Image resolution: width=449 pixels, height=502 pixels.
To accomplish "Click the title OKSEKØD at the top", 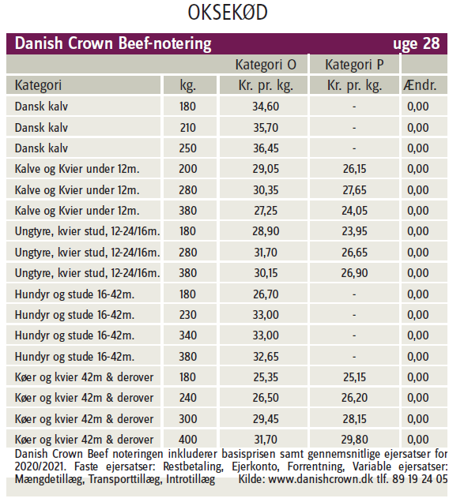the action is click(228, 13).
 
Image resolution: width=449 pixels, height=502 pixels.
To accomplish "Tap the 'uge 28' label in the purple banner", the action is click(417, 44).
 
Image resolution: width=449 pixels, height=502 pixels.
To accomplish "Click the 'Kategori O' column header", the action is click(266, 65).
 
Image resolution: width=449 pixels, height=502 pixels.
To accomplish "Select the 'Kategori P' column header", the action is click(354, 65).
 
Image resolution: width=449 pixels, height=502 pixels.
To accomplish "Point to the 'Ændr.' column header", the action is click(420, 85).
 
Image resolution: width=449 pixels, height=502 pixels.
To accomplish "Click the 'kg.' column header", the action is click(187, 86).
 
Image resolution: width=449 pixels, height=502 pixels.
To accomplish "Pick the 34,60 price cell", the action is click(266, 107).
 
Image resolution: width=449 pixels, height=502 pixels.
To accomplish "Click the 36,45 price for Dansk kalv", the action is click(266, 148).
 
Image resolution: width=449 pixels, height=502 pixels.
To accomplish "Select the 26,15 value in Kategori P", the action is click(354, 169).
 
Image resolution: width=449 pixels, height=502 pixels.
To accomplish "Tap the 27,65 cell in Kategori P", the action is click(354, 190).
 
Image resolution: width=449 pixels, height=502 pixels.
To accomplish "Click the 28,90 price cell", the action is click(266, 231).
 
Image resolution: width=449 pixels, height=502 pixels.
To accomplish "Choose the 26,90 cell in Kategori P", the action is click(354, 273).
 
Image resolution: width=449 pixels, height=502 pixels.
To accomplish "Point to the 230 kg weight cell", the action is click(187, 315).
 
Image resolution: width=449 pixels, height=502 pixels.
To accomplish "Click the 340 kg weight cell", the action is click(187, 335).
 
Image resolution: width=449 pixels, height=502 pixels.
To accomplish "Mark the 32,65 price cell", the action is click(266, 356).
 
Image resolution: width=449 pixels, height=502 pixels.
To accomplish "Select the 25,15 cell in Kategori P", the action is click(354, 376).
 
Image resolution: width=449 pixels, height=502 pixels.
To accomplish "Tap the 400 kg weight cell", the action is click(187, 439).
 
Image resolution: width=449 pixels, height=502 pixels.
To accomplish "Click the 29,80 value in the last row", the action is click(354, 439).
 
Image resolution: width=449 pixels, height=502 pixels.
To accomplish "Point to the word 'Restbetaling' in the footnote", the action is click(193, 466).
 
